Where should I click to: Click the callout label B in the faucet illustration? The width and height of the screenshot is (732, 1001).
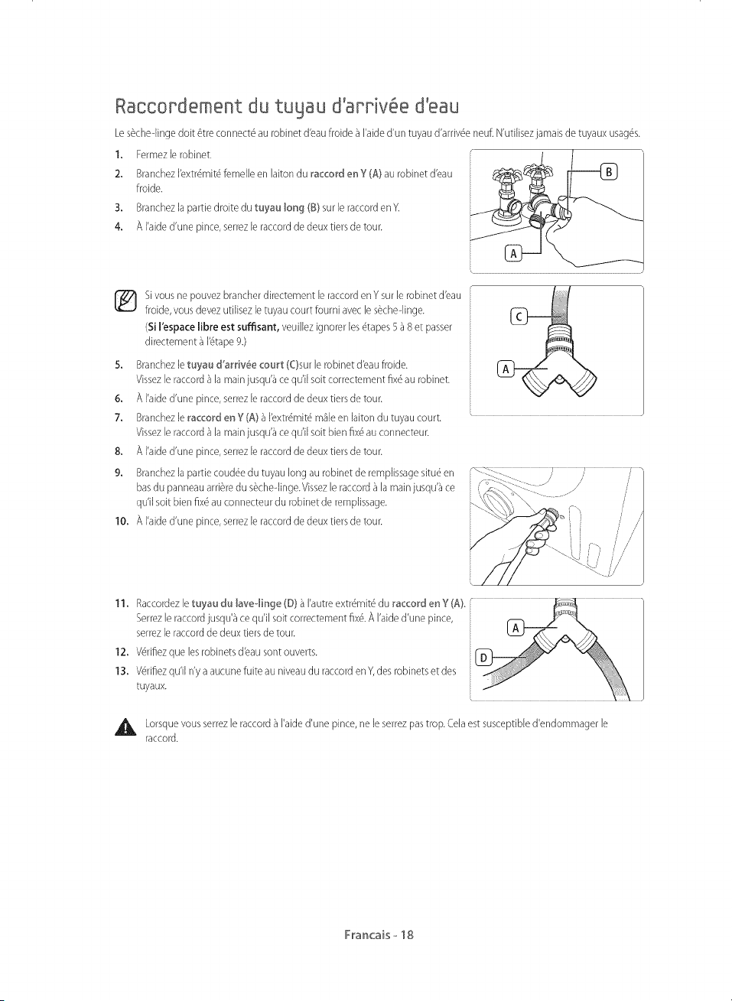coord(610,171)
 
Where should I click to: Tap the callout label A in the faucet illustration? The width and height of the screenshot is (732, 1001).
coord(513,253)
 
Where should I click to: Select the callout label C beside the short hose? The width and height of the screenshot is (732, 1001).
coord(519,317)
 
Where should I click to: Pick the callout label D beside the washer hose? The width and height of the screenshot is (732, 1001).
coord(483,658)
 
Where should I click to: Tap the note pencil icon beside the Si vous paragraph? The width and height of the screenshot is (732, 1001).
coord(125,301)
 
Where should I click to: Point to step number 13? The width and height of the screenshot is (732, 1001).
coord(121,671)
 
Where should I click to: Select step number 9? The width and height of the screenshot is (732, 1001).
coord(119,473)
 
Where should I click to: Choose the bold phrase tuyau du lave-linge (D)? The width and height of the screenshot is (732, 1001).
coord(245,603)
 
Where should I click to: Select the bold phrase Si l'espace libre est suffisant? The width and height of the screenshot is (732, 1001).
coord(213,327)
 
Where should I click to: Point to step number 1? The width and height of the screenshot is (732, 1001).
coord(119,155)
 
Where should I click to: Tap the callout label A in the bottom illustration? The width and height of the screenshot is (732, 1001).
coord(516,628)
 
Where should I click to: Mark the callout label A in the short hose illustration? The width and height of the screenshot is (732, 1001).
coord(506,369)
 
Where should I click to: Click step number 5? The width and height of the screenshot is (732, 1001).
coord(119,365)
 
